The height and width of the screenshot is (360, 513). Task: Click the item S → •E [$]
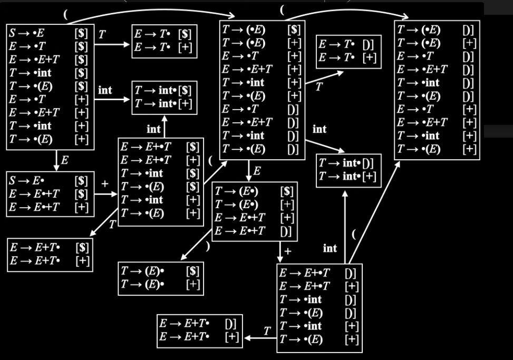click(49, 33)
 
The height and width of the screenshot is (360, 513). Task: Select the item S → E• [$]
click(49, 180)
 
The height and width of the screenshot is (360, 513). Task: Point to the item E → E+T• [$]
click(50, 248)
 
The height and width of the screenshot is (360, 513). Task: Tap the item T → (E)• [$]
click(160, 271)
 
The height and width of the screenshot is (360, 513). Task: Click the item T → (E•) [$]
click(254, 191)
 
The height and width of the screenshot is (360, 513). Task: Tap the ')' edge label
click(207, 246)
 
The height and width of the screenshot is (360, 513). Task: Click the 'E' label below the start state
click(65, 160)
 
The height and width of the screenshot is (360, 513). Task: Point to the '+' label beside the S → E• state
click(105, 184)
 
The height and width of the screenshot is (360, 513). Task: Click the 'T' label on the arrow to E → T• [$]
click(102, 34)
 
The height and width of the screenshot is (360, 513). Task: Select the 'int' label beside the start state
click(105, 90)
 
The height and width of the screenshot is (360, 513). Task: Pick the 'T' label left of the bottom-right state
click(267, 331)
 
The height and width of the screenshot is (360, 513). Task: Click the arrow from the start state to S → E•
click(56, 161)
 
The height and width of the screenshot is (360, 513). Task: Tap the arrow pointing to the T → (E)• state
click(196, 245)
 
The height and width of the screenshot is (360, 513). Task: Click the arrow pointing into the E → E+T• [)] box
click(260, 338)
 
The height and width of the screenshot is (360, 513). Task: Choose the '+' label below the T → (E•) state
click(287, 251)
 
